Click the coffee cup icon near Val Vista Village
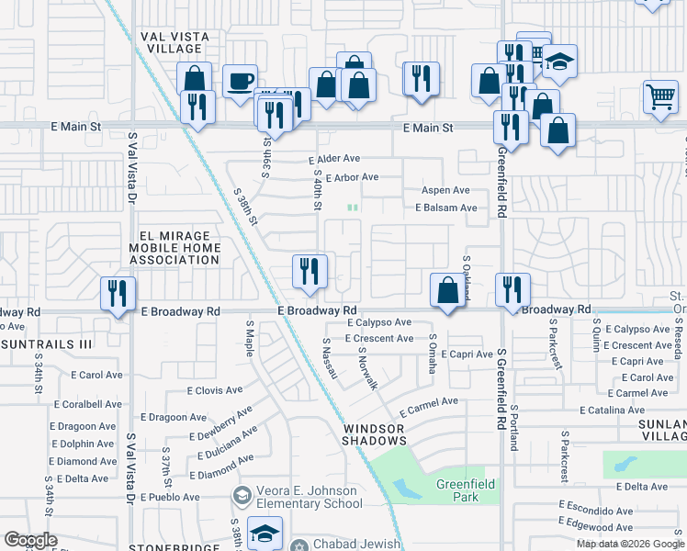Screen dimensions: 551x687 (x=240, y=81)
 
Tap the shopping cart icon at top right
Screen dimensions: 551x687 (x=660, y=96)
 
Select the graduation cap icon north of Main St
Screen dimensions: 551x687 (x=558, y=62)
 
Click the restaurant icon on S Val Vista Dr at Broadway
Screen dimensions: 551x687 (x=118, y=293)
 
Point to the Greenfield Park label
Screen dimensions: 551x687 (x=457, y=491)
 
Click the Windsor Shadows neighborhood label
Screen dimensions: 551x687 (x=374, y=434)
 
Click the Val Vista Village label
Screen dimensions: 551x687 (x=175, y=42)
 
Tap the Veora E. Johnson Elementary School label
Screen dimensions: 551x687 (x=310, y=496)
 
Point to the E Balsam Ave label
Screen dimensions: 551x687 (x=446, y=208)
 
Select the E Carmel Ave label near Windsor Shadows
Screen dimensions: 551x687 (x=426, y=402)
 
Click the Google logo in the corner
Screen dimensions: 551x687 (x=30, y=540)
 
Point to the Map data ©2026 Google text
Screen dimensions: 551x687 (x=629, y=543)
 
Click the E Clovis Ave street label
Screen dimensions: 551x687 (x=215, y=390)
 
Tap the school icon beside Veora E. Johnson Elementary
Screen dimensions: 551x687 (x=242, y=496)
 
